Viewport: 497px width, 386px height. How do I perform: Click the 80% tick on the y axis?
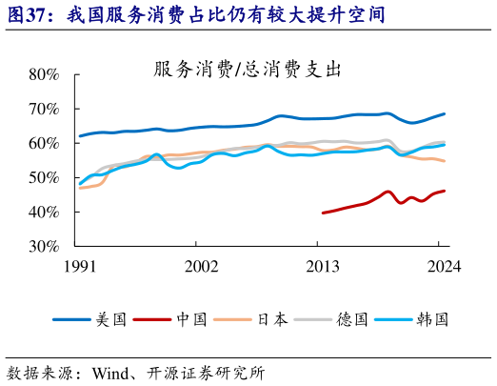(x=42, y=74)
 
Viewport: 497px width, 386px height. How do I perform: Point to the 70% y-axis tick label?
(x=42, y=109)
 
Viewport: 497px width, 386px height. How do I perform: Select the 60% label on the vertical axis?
(x=42, y=143)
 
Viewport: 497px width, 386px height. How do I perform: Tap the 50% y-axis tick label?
(x=42, y=177)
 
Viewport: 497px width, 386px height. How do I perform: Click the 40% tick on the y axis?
(x=42, y=212)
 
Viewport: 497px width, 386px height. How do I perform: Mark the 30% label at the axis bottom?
(x=42, y=246)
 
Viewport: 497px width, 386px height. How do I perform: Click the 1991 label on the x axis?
(x=79, y=268)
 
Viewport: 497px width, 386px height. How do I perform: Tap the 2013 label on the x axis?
(x=324, y=268)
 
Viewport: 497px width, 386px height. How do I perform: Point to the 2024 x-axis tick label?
(x=442, y=268)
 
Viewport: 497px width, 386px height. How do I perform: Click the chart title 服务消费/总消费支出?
(x=247, y=70)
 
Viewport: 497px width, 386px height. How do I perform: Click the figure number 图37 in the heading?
(x=24, y=14)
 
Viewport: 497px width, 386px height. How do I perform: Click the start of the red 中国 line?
(x=324, y=213)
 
